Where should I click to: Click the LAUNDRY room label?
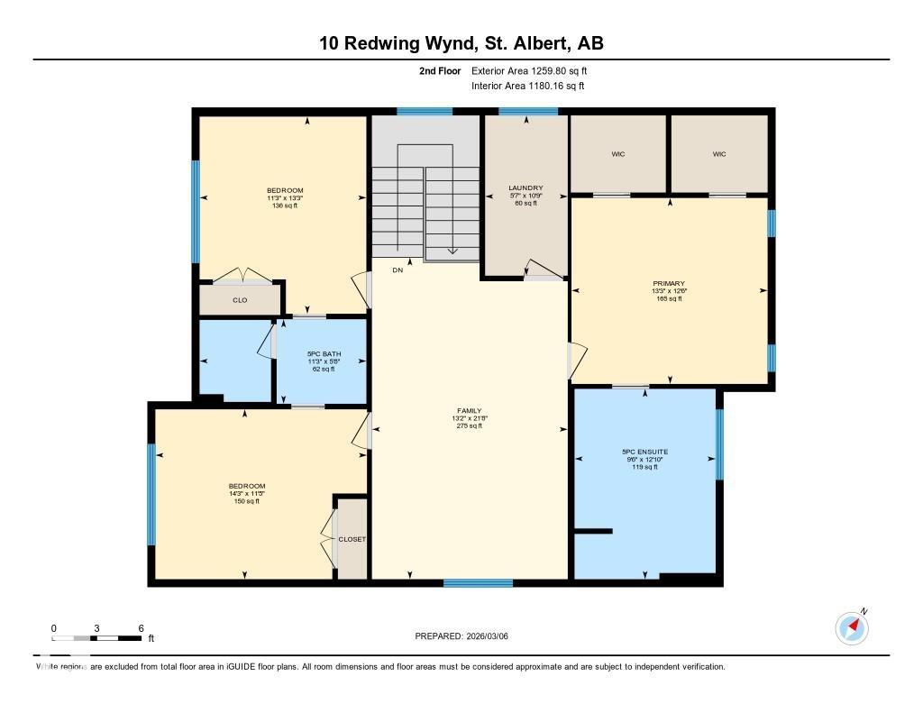tap(525, 187)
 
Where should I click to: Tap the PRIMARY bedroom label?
tap(669, 283)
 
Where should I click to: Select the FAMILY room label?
tap(470, 410)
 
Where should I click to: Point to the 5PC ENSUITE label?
tap(644, 452)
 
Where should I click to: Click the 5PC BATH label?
tap(321, 353)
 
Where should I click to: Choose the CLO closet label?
tap(240, 300)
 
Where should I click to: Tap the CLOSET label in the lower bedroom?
tap(352, 539)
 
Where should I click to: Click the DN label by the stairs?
tap(398, 270)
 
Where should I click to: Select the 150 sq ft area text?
tap(246, 501)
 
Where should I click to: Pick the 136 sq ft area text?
tap(285, 206)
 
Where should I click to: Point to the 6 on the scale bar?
tap(141, 628)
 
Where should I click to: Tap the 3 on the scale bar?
tap(96, 628)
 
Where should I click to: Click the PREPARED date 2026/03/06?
tap(494, 636)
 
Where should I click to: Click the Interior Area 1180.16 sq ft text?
tap(528, 87)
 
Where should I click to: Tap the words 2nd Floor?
tap(440, 70)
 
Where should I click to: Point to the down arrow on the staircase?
tap(452, 251)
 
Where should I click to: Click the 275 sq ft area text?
tap(470, 426)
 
